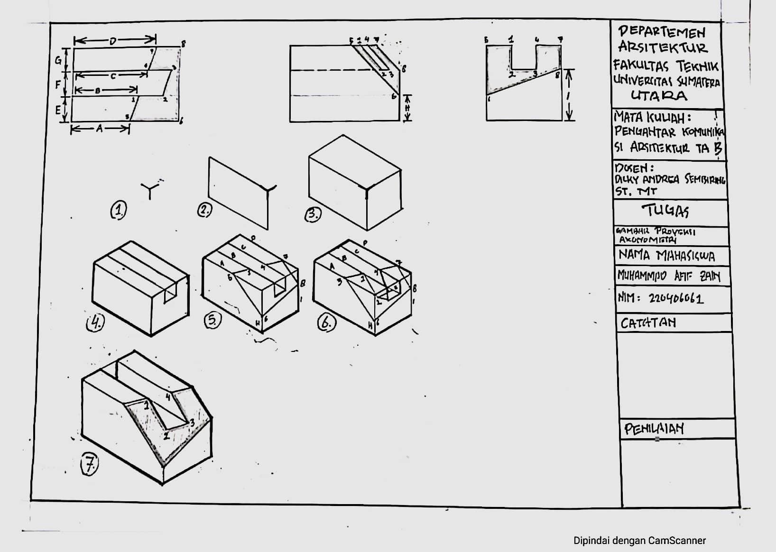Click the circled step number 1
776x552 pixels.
coord(119,210)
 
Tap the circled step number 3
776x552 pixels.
coord(313,214)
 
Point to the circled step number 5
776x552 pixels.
coord(212,321)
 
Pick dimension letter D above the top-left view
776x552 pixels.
coord(112,41)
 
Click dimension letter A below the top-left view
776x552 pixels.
coord(99,128)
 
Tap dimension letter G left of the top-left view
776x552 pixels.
coord(58,61)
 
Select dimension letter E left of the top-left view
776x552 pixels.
coord(58,110)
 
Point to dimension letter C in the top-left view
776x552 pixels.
coord(113,75)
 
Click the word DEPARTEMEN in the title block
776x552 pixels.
coord(662,32)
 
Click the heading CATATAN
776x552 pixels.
coord(648,323)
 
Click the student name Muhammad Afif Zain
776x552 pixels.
coord(668,276)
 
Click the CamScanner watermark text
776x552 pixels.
coord(639,541)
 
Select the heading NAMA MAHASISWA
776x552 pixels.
coord(666,256)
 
